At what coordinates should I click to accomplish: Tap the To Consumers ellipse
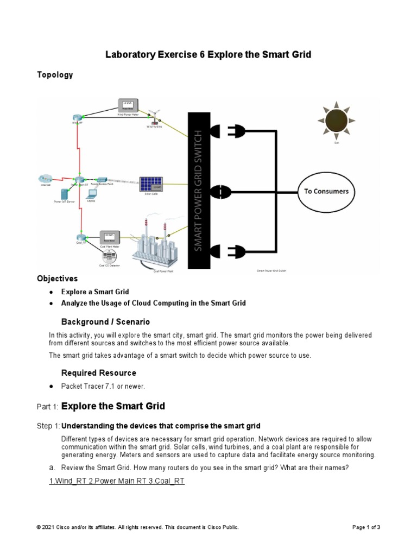coord(326,192)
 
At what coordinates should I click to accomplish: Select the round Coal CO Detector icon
coord(109,256)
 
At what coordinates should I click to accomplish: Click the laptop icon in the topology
coord(91,194)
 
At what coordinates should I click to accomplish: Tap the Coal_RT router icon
coord(81,237)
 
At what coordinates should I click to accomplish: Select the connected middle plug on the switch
coord(220,191)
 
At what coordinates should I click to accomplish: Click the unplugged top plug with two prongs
coord(238,130)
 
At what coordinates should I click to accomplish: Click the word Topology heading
coord(55,75)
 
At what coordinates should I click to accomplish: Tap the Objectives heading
coord(57,279)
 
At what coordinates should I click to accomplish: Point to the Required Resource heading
coord(98,373)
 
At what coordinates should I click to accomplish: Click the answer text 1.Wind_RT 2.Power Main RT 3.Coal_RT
coord(117,481)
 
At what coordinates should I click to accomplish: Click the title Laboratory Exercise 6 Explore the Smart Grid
coord(208,54)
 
